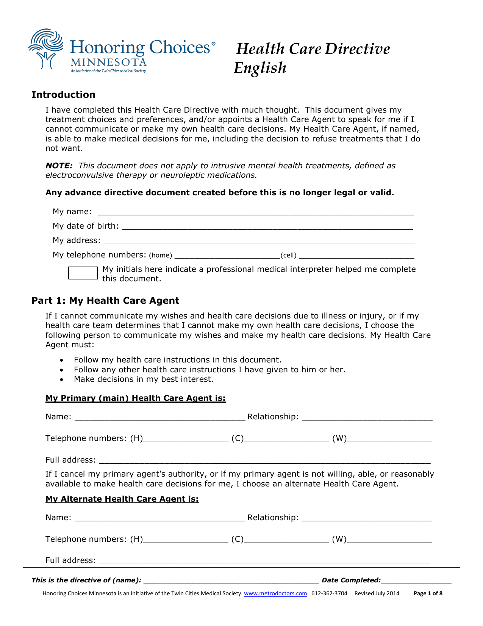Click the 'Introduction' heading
point(63,95)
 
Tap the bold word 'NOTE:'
point(59,166)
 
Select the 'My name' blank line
point(255,212)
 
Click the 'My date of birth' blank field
point(267,226)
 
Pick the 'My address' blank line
point(259,241)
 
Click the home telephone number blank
point(227,255)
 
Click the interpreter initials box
point(83,273)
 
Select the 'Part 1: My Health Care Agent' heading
point(105,301)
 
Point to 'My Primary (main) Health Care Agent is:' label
point(135,398)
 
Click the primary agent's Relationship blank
point(367,417)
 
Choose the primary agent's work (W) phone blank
point(389,439)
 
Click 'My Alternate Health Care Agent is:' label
point(122,499)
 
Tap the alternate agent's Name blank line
point(160,518)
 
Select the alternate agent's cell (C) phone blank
point(286,540)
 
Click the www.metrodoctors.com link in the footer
point(275,593)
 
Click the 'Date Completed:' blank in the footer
point(416,581)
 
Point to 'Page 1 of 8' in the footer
point(428,593)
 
